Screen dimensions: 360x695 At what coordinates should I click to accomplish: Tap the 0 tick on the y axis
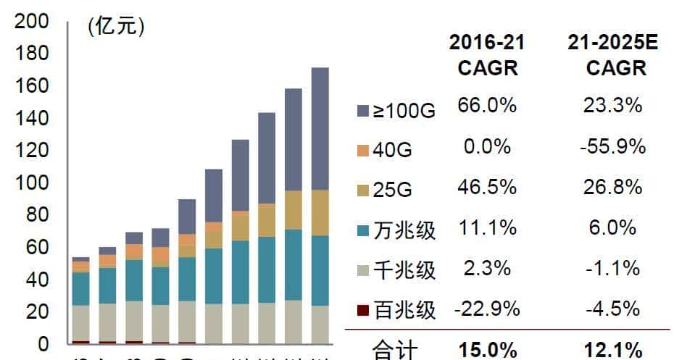point(43,343)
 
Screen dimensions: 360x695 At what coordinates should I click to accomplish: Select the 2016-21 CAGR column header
point(487,55)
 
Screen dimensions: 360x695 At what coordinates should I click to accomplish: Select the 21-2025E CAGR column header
point(612,55)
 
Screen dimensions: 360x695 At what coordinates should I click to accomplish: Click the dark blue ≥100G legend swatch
point(364,111)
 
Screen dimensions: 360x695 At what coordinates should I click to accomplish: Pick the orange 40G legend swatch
point(364,150)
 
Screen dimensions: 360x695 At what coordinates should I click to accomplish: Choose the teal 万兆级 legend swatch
point(364,230)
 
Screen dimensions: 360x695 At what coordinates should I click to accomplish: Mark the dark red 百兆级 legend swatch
point(364,309)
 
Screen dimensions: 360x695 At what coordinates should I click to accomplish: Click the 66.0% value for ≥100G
point(487,106)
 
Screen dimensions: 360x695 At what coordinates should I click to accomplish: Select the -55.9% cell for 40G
point(612,147)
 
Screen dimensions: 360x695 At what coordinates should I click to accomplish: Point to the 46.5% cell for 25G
point(487,187)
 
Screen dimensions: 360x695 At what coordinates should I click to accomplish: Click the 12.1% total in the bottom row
point(612,351)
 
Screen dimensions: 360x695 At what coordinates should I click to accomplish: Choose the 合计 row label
point(395,351)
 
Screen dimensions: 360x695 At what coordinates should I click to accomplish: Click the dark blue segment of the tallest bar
point(320,129)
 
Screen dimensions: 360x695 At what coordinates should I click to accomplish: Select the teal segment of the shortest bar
point(80,288)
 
